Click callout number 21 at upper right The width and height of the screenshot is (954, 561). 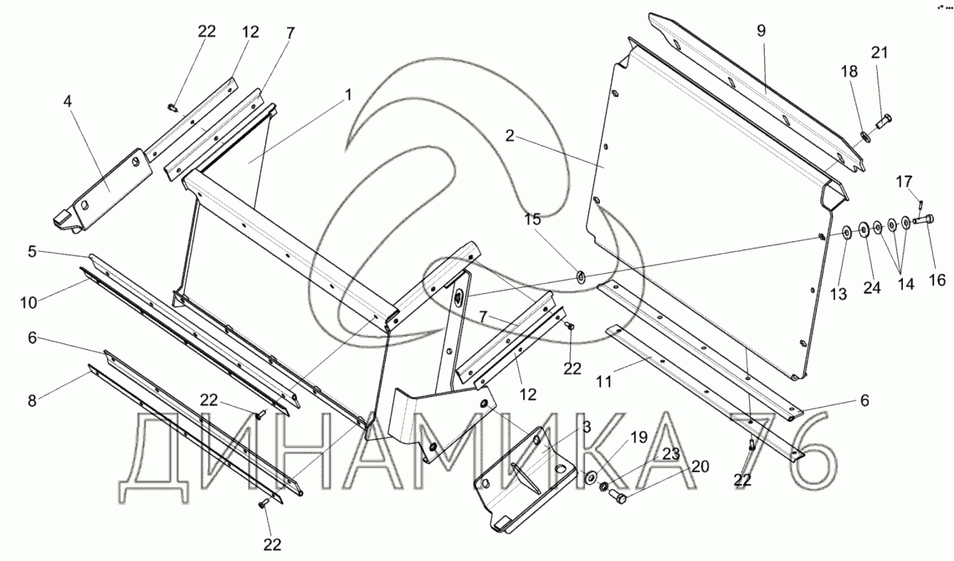[x=879, y=54]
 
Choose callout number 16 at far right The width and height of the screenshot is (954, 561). [x=936, y=280]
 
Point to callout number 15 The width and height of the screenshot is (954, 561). [x=534, y=220]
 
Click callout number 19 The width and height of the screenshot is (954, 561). [x=639, y=436]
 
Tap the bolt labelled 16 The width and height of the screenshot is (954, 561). [x=922, y=220]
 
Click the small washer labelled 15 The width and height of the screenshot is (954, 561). [x=579, y=273]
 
